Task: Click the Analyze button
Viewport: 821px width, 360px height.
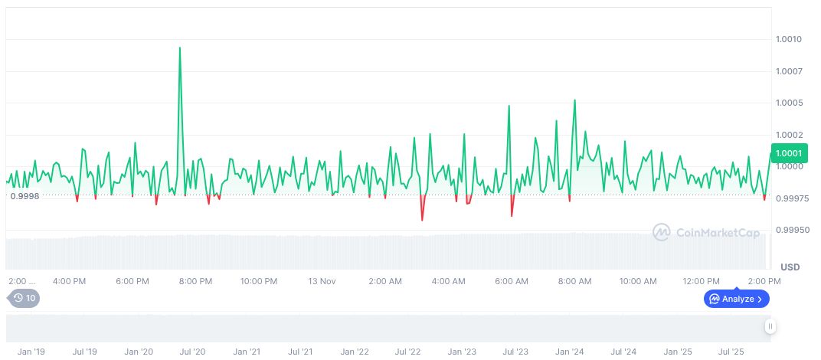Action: point(736,299)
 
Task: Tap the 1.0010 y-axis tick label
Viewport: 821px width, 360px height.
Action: point(788,39)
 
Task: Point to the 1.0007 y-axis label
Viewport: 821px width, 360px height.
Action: point(788,71)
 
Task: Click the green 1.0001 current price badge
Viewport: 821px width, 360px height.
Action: point(788,154)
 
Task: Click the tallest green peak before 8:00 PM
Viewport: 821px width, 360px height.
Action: point(180,48)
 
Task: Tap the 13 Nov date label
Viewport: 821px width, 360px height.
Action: point(322,281)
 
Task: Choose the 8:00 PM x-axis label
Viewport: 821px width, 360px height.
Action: point(196,281)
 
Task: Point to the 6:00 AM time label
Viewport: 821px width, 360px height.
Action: point(512,281)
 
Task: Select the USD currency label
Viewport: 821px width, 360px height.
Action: point(790,267)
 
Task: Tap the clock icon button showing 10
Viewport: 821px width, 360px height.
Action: point(23,298)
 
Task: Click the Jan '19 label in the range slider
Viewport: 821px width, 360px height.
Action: point(31,352)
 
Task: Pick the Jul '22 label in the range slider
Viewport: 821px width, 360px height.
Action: point(408,352)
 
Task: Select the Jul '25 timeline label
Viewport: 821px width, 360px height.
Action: point(731,352)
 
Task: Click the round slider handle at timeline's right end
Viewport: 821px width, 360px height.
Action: point(770,327)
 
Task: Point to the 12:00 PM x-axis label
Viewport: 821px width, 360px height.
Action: point(702,281)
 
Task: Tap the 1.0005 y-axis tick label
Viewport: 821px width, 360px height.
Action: point(788,103)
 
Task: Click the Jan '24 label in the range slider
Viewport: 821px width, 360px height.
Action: point(570,352)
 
